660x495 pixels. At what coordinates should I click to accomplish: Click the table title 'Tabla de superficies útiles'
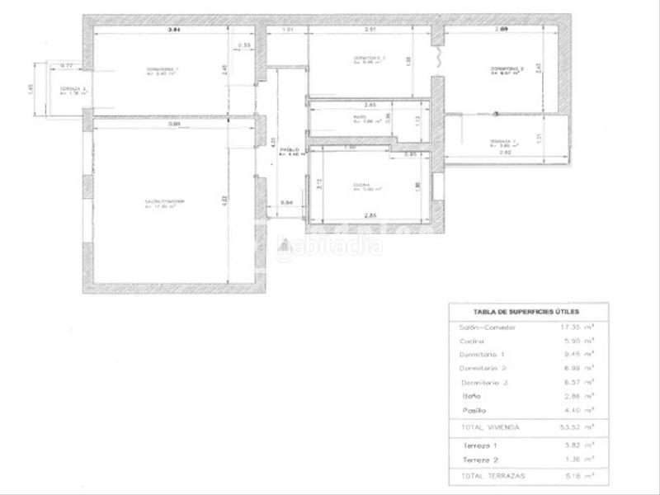click(527, 312)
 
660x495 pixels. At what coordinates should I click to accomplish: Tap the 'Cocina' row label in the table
click(472, 341)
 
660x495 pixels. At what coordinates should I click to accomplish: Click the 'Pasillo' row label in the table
click(474, 410)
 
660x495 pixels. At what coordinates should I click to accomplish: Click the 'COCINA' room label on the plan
click(361, 184)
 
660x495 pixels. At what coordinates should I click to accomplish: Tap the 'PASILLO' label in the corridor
click(289, 149)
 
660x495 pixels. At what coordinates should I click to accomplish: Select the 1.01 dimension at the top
click(289, 31)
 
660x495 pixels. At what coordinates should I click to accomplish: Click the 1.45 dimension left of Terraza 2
click(30, 89)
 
